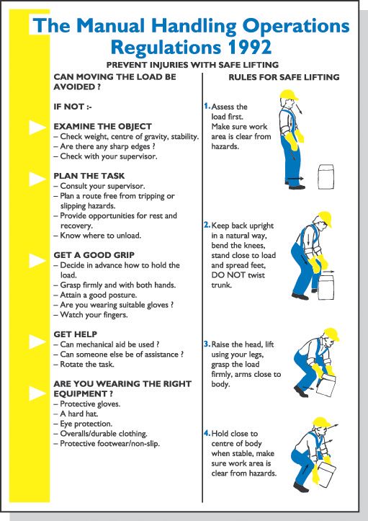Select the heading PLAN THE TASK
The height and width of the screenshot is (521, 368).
pyautogui.click(x=89, y=175)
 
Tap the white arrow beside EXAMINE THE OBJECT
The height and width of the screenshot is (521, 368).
pyautogui.click(x=37, y=128)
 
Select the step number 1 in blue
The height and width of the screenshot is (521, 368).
pyautogui.click(x=206, y=106)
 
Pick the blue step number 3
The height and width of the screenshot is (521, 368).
pyautogui.click(x=206, y=344)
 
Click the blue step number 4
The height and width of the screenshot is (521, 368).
pyautogui.click(x=206, y=433)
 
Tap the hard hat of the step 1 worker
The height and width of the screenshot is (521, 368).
pyautogui.click(x=290, y=95)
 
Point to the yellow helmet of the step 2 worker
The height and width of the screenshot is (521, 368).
pyautogui.click(x=323, y=218)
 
